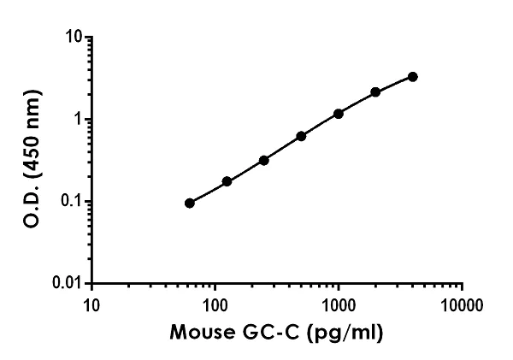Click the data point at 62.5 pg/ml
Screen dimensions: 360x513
point(189,203)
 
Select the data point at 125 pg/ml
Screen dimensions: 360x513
point(227,181)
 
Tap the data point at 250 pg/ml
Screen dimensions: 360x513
point(263,160)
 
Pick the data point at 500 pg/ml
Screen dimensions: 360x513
point(301,136)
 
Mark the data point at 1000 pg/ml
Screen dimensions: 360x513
point(339,113)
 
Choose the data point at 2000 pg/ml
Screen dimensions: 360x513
point(375,91)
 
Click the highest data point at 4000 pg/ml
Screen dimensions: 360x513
point(413,76)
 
